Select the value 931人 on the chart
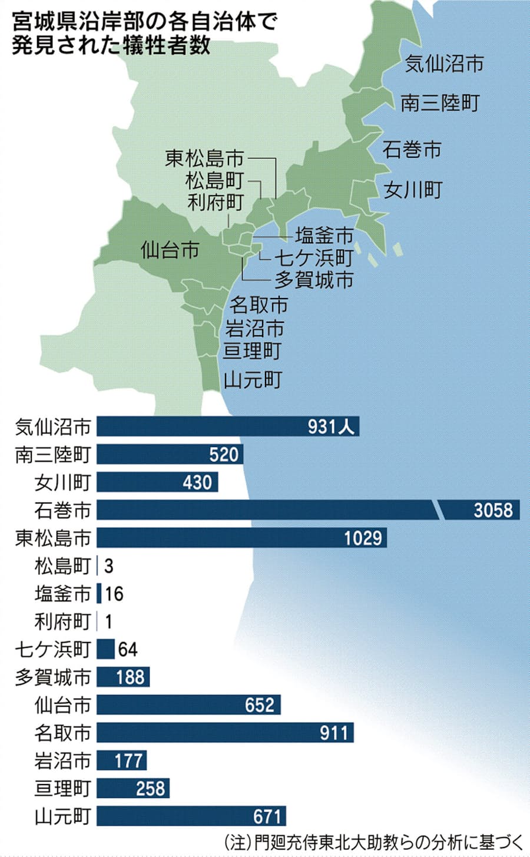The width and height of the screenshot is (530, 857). click(x=331, y=426)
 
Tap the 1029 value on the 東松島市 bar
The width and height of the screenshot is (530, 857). click(x=363, y=538)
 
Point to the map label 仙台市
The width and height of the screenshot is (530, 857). click(x=170, y=250)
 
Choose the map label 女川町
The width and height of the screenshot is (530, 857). click(x=413, y=190)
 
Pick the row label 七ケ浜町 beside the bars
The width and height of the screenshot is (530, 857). click(x=53, y=649)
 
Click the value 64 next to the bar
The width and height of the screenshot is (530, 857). click(x=127, y=649)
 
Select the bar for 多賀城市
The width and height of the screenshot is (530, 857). click(x=123, y=677)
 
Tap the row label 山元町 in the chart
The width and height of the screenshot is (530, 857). click(x=62, y=816)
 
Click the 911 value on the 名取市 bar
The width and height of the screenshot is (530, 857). click(x=334, y=733)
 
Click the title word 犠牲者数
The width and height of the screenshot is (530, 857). click(x=167, y=45)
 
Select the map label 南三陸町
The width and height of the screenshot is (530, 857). click(x=440, y=103)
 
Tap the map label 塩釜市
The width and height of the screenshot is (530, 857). click(x=324, y=236)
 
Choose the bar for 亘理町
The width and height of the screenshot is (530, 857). click(x=133, y=788)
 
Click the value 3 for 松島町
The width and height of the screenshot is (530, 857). click(x=108, y=566)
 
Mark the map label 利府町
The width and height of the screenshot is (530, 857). click(x=215, y=203)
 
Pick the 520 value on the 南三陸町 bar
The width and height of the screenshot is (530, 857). click(x=224, y=454)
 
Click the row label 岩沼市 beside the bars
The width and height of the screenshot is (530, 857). click(x=62, y=760)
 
